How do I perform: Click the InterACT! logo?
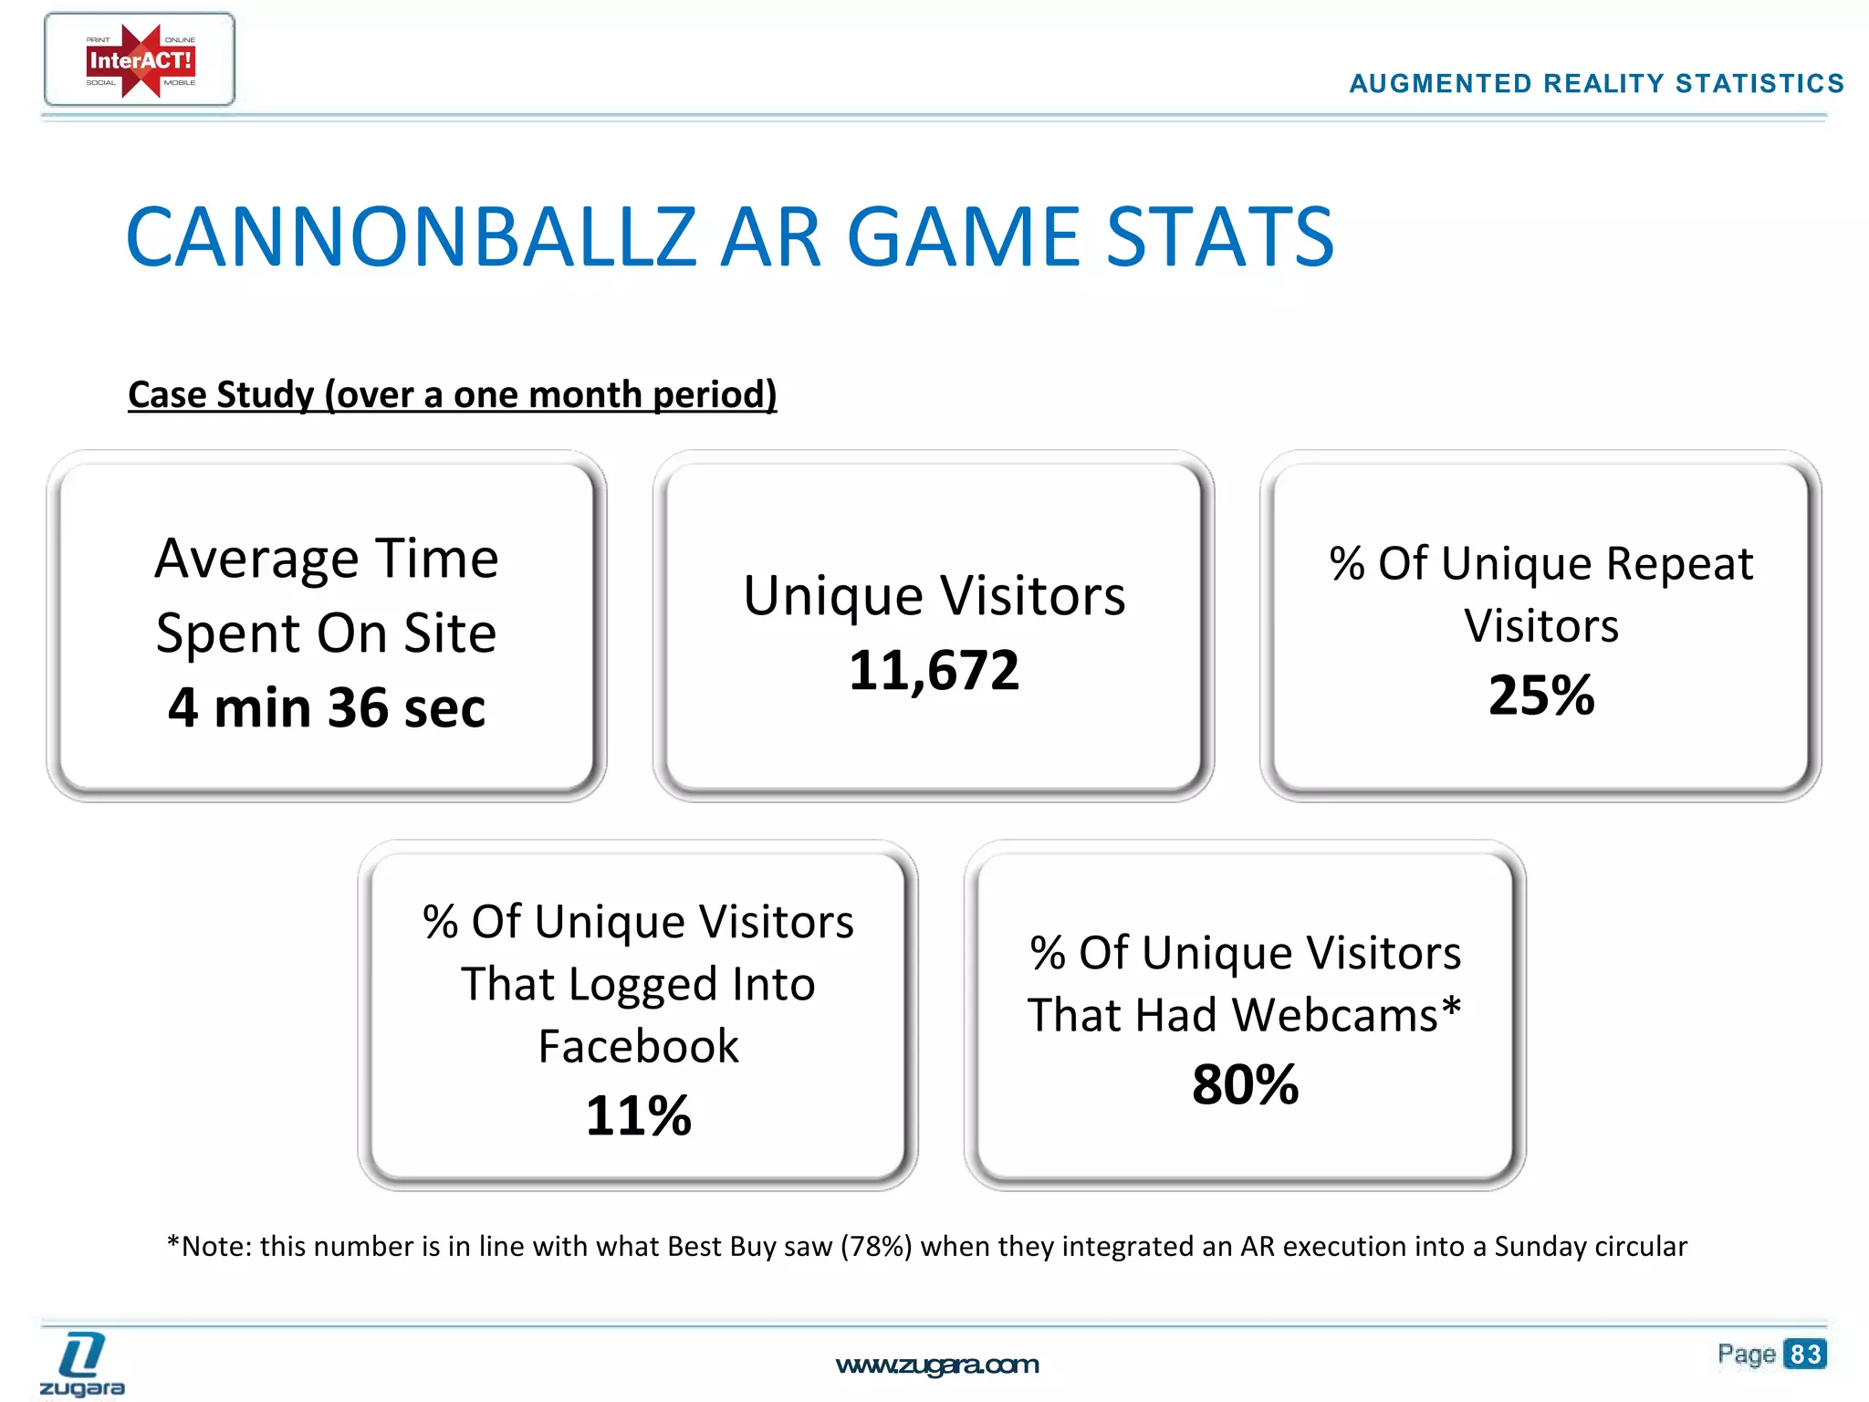[x=140, y=60]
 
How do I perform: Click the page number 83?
[x=1804, y=1354]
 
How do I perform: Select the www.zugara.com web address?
[x=936, y=1365]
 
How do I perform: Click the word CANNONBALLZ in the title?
[x=411, y=237]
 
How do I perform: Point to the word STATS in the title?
[x=1220, y=237]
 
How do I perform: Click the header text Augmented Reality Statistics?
[x=1596, y=84]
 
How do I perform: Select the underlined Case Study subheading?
[x=452, y=394]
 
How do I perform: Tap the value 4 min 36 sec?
[x=327, y=707]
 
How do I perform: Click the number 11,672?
[x=934, y=671]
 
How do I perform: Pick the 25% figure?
[x=1540, y=696]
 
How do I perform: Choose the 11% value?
[x=638, y=1115]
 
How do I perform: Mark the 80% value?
[x=1245, y=1084]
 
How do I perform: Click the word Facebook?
[x=638, y=1046]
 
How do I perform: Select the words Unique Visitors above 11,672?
[x=934, y=596]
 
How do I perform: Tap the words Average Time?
[x=327, y=559]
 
